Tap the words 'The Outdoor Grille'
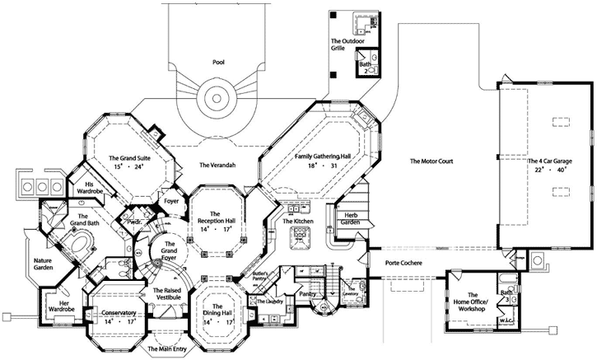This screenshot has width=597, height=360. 347,45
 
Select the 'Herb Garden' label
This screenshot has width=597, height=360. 349,218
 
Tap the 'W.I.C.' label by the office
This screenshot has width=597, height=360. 509,320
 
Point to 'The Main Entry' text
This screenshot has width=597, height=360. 167,349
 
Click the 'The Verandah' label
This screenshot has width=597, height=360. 218,166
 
